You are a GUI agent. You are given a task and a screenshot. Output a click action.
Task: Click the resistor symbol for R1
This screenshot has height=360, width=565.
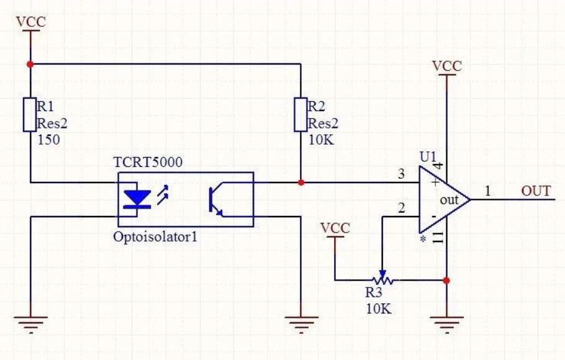click(30, 114)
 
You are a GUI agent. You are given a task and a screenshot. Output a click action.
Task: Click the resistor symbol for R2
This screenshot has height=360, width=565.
click(300, 114)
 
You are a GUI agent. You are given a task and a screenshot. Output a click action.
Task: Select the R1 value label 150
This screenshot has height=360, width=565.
click(48, 140)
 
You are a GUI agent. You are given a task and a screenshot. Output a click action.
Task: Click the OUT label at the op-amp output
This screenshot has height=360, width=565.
click(536, 191)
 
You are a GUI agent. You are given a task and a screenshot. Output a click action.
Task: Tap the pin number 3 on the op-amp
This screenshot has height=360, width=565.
click(401, 174)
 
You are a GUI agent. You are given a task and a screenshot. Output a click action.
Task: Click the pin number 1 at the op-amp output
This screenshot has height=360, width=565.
click(487, 191)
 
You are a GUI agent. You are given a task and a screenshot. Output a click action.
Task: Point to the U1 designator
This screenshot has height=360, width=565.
click(428, 156)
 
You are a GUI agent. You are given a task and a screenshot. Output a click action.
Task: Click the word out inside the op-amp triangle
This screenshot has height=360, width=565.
click(449, 200)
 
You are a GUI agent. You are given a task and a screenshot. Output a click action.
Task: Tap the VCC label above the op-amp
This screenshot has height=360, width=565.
click(446, 66)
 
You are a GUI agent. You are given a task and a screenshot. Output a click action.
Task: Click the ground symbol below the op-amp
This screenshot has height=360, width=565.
click(446, 323)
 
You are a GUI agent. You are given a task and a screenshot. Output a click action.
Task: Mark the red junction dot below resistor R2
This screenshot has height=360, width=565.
click(300, 183)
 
